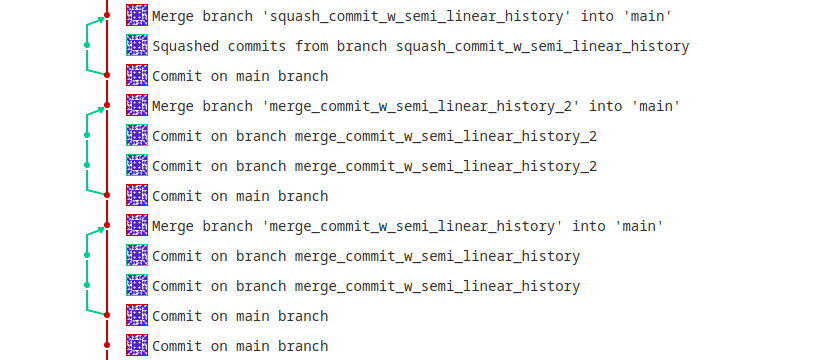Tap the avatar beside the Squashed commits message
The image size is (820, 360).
(137, 45)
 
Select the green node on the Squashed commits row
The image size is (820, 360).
(87, 45)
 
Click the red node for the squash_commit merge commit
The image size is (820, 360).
(107, 16)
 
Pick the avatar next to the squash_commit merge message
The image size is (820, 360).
(137, 15)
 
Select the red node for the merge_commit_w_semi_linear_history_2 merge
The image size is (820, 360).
(107, 105)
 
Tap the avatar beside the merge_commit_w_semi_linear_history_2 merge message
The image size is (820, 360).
(137, 105)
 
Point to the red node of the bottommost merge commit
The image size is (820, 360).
(107, 225)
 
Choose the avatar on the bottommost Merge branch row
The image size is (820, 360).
(137, 225)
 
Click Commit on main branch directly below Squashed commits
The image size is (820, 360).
(240, 76)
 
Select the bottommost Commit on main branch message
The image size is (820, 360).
(240, 346)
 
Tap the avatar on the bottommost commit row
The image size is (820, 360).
(137, 345)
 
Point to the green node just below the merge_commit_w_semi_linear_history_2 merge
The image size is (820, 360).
(87, 135)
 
